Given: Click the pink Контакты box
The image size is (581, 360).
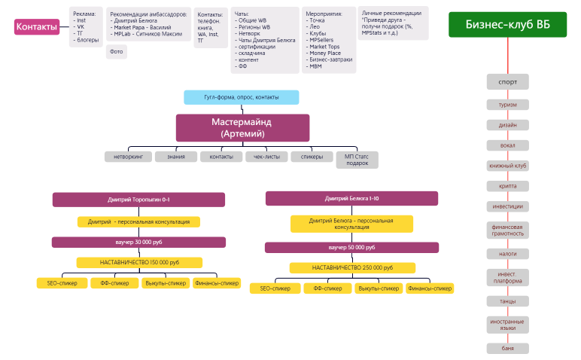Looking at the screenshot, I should pos(36,28).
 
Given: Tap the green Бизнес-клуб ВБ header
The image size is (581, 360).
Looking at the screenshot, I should pos(507,25).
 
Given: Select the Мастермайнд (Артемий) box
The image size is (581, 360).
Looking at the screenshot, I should pos(242,127).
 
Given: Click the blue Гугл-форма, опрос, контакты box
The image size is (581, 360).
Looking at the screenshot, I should pos(241,97).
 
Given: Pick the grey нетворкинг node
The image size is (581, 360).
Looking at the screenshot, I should pos(128,157).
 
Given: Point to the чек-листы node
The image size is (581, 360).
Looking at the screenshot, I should pos(266,157).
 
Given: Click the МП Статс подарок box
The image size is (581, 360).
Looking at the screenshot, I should pos(357,160).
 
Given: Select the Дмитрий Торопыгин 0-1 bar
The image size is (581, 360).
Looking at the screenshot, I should pos(138,200).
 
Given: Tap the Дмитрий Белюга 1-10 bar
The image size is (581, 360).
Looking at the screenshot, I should pos(351,198).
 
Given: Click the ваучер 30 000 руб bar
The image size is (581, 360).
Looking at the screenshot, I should pos(138,243).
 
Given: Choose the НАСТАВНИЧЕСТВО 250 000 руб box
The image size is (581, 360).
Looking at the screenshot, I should pos(351,267).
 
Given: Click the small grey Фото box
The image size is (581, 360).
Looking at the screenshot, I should pos(117,52).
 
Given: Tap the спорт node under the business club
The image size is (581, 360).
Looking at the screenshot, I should pos(507,81).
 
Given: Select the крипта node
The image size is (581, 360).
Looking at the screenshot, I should pos(507,186).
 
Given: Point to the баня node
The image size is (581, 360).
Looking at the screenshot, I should pos(507,348).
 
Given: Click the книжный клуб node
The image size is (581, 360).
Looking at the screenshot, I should pos(507,166).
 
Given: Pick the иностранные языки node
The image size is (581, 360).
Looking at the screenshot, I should pos(507,325).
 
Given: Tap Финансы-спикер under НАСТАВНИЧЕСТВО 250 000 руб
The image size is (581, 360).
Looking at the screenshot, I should pos(430,288).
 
